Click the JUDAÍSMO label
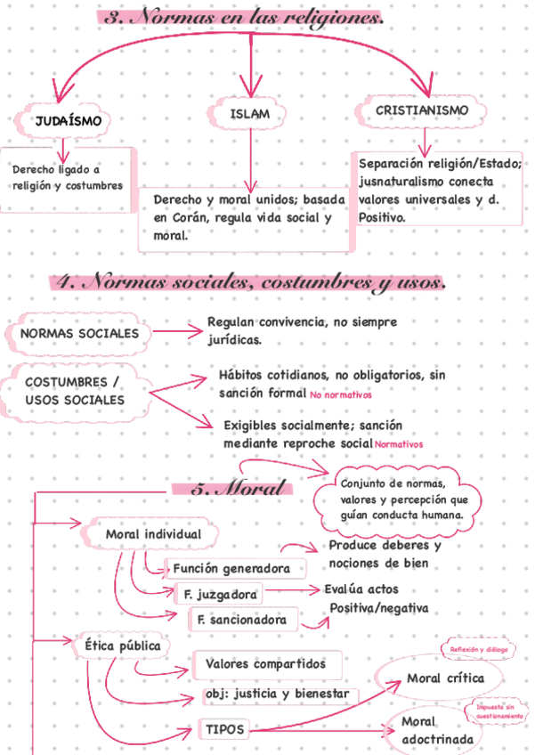[67, 119]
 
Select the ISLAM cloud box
[249, 115]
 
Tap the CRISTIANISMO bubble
[422, 110]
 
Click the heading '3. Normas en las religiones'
[246, 18]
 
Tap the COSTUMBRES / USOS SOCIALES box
[75, 391]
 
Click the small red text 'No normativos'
[341, 394]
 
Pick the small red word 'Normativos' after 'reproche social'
[398, 443]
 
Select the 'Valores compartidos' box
[265, 664]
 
